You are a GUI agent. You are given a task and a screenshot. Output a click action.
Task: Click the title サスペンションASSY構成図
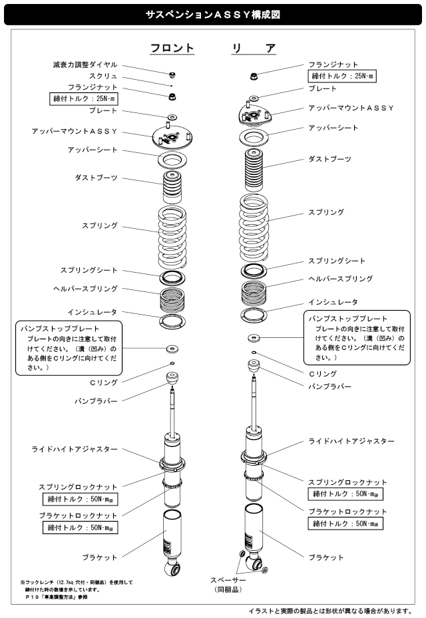(x=212, y=13)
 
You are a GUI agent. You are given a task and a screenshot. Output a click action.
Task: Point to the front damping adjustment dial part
(x=172, y=74)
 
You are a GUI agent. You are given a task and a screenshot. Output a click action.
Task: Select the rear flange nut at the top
(x=254, y=77)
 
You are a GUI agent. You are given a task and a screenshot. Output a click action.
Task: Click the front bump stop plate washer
(x=172, y=348)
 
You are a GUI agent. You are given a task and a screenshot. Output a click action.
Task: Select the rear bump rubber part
(x=254, y=367)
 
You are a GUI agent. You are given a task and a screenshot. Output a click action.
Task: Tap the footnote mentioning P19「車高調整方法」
(x=60, y=597)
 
